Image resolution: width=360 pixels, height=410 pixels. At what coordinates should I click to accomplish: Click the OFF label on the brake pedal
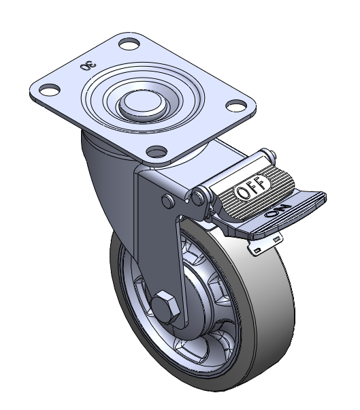click(x=252, y=187)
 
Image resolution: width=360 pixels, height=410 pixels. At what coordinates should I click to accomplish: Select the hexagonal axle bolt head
click(x=165, y=306)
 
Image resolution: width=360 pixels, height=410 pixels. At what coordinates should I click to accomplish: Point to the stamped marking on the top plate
click(x=88, y=65)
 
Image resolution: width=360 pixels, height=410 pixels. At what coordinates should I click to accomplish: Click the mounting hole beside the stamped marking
click(x=129, y=44)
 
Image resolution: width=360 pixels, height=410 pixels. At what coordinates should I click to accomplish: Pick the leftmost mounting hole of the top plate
click(x=49, y=89)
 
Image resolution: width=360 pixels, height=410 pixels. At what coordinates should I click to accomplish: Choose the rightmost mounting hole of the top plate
click(x=236, y=106)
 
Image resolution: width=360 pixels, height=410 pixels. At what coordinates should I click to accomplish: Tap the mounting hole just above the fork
click(x=157, y=151)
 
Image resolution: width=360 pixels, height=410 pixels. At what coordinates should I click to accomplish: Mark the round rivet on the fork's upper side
click(x=168, y=201)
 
